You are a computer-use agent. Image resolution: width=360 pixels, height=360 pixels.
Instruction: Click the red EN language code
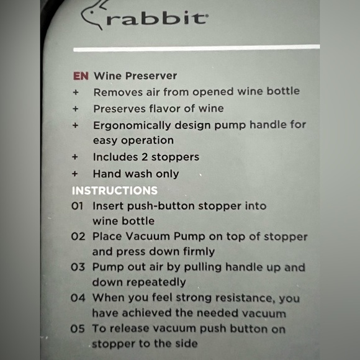coord(81,76)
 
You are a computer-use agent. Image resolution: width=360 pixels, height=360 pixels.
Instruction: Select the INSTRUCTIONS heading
coord(115,190)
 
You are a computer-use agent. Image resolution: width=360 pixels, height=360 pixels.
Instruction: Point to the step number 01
coord(77,205)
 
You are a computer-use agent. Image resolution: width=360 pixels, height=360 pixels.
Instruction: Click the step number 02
coord(78,236)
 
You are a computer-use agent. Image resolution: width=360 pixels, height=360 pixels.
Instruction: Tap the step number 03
coord(78,268)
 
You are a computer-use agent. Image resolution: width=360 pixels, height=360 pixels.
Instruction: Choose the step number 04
coord(78,297)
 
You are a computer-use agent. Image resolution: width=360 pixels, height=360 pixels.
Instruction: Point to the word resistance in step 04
coord(241,297)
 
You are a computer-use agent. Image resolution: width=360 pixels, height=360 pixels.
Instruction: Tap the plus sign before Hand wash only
coord(76,174)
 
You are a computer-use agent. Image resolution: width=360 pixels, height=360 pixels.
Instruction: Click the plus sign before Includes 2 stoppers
coord(76,156)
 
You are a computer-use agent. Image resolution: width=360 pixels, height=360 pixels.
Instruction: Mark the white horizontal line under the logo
coord(196,47)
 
